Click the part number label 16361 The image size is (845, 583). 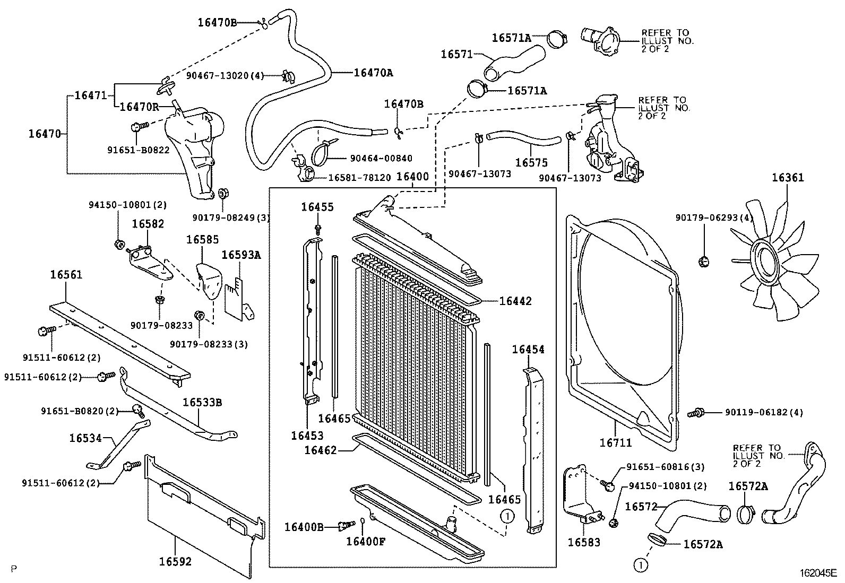pyautogui.click(x=788, y=178)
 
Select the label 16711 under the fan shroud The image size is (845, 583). pyautogui.click(x=616, y=441)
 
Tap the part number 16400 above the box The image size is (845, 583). pyautogui.click(x=412, y=177)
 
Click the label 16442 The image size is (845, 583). pyautogui.click(x=515, y=301)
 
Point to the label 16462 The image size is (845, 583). pyautogui.click(x=320, y=450)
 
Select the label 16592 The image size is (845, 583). pyautogui.click(x=175, y=561)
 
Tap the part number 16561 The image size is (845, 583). pyautogui.click(x=66, y=274)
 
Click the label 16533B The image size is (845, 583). pyautogui.click(x=202, y=402)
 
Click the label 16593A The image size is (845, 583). pyautogui.click(x=241, y=255)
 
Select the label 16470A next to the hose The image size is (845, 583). pyautogui.click(x=373, y=73)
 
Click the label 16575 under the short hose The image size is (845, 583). pyautogui.click(x=531, y=163)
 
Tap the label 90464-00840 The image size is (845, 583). pyautogui.click(x=381, y=158)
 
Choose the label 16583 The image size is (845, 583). pyautogui.click(x=584, y=542)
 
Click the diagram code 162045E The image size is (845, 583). pyautogui.click(x=818, y=573)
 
